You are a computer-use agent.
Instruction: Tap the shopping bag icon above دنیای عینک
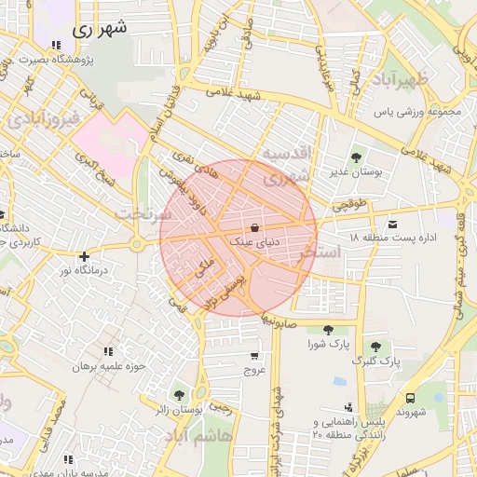point(254,227)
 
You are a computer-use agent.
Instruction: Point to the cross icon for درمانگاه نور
point(85,255)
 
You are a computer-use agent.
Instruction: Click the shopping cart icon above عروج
point(254,355)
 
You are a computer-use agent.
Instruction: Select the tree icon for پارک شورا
point(327,329)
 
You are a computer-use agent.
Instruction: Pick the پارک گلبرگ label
point(377,360)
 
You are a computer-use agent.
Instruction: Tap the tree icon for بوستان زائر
point(179,395)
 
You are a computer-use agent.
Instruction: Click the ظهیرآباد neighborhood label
point(401,79)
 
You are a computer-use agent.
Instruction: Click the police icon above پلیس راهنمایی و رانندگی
point(348,406)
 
